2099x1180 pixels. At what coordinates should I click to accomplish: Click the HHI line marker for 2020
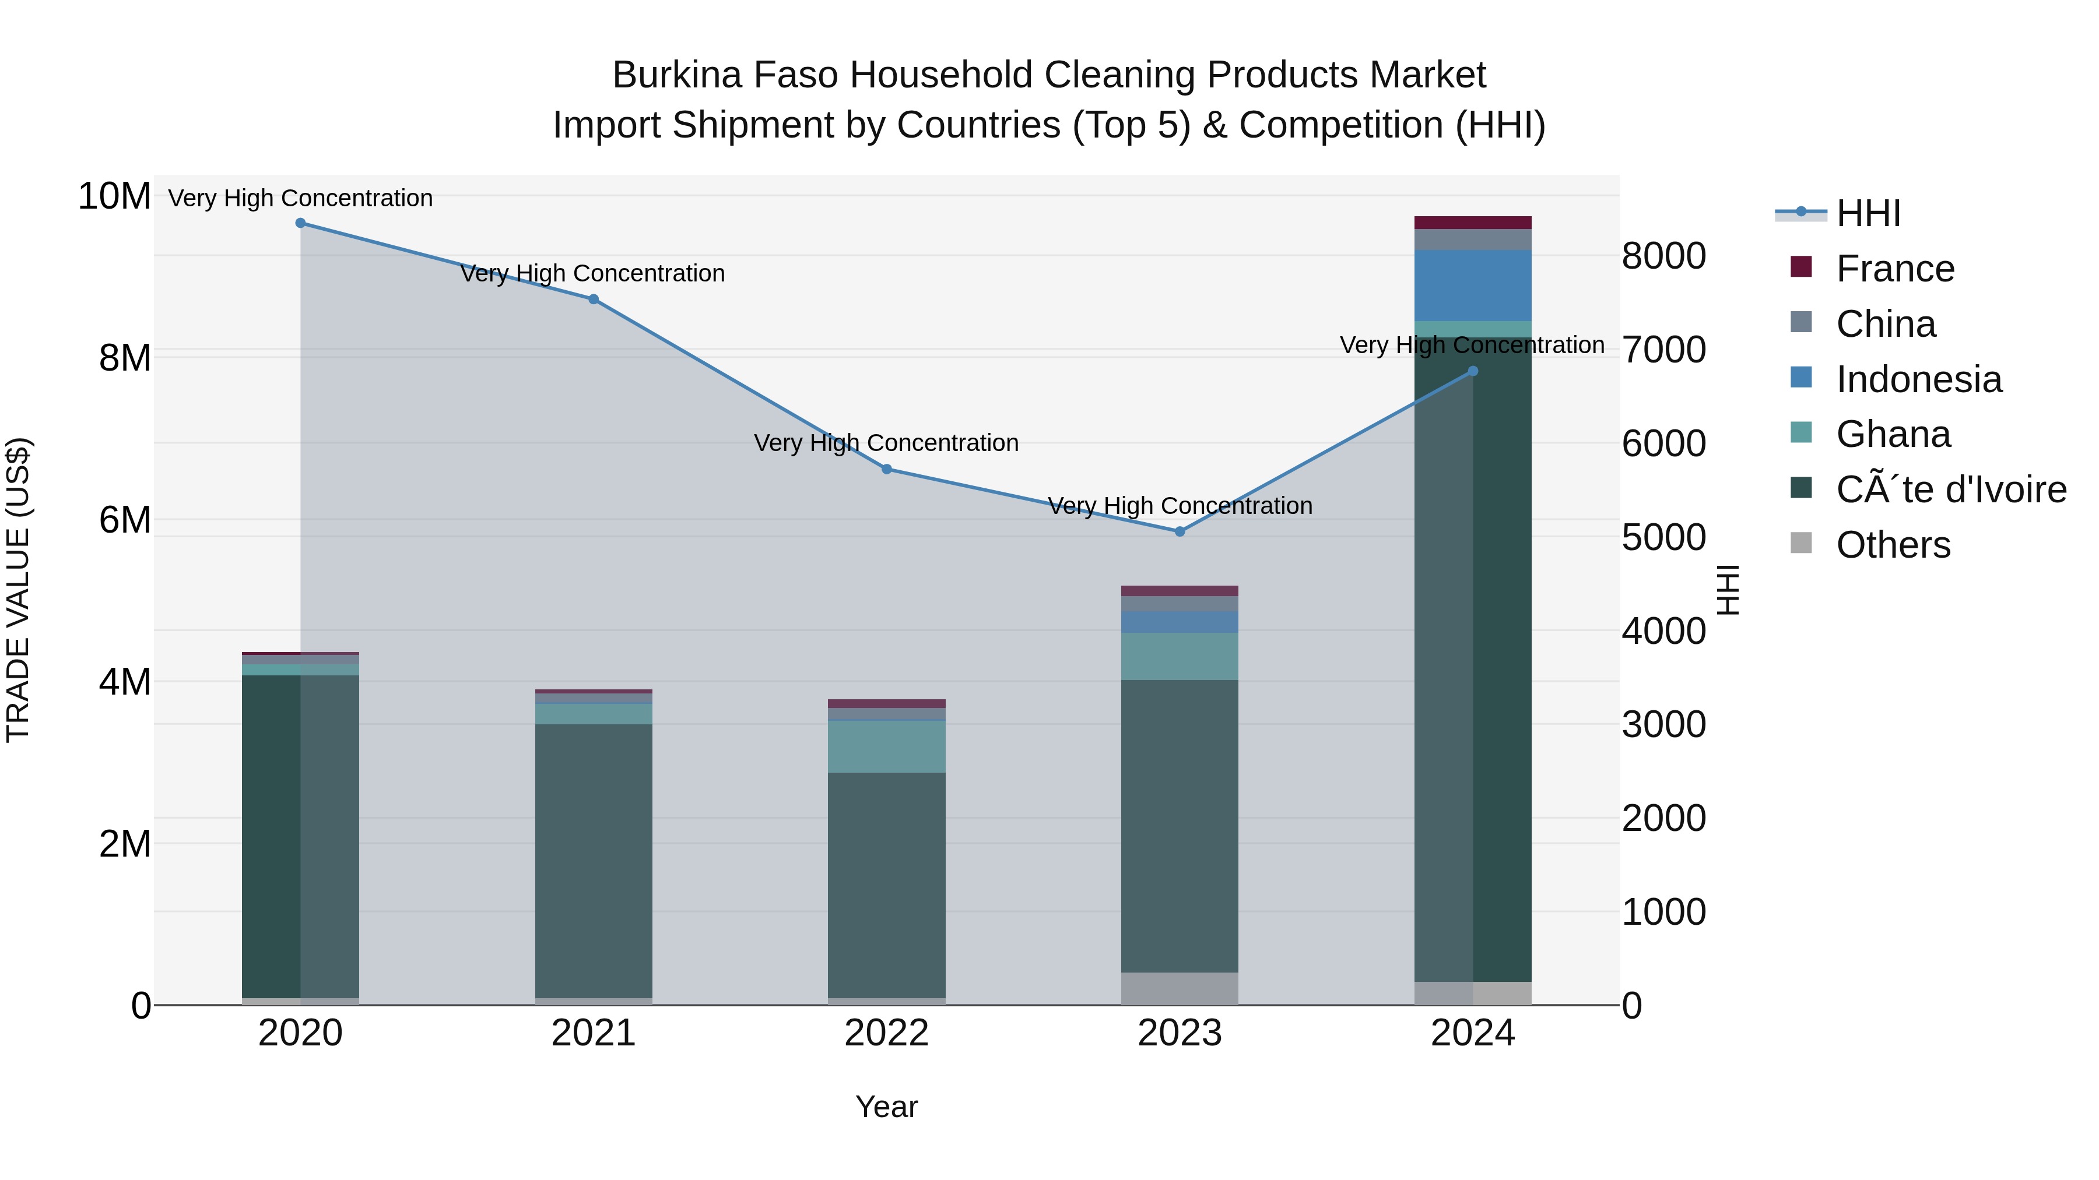pyautogui.click(x=301, y=223)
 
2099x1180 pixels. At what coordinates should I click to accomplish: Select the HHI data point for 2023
pyautogui.click(x=1180, y=532)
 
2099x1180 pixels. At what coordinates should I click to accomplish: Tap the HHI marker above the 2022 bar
pyautogui.click(x=886, y=469)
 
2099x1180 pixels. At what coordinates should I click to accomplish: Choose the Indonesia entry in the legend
pyautogui.click(x=1918, y=379)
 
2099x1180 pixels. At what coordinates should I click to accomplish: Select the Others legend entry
pyautogui.click(x=1893, y=545)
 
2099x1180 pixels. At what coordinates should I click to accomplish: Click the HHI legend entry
pyautogui.click(x=1868, y=213)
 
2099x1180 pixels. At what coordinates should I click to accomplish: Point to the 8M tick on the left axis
pyautogui.click(x=125, y=358)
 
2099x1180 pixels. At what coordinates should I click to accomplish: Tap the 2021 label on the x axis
pyautogui.click(x=593, y=1033)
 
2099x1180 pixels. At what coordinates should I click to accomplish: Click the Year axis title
pyautogui.click(x=886, y=1107)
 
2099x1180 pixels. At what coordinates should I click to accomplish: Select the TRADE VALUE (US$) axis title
pyautogui.click(x=18, y=590)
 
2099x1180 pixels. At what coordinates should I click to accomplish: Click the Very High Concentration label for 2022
pyautogui.click(x=886, y=443)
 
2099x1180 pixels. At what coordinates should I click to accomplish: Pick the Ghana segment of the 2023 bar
pyautogui.click(x=1180, y=656)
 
